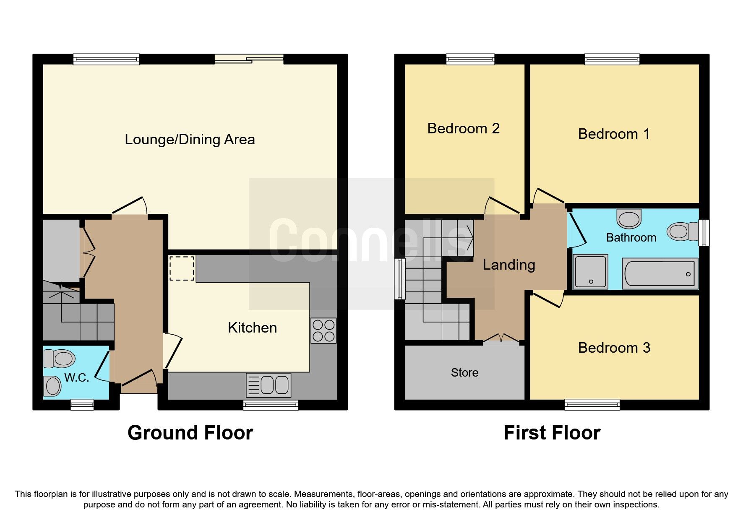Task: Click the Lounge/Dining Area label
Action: (190, 139)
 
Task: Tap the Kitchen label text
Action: (252, 328)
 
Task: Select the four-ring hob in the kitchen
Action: (323, 330)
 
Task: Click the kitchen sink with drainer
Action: (269, 385)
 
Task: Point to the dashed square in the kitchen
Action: (182, 268)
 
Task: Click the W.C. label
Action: (76, 378)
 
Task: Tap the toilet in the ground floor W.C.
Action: (60, 359)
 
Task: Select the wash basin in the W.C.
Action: (53, 385)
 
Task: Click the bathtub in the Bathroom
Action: (660, 273)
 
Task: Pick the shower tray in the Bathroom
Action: (591, 271)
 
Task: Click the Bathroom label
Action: (631, 238)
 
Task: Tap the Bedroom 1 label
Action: (614, 134)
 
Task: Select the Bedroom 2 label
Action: (463, 128)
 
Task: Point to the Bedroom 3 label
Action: (614, 348)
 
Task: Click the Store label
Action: (464, 372)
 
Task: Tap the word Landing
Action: (508, 265)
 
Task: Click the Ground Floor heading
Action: (190, 433)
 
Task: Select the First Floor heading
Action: (552, 433)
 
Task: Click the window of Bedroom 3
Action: (592, 404)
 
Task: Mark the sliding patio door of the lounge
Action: (249, 59)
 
